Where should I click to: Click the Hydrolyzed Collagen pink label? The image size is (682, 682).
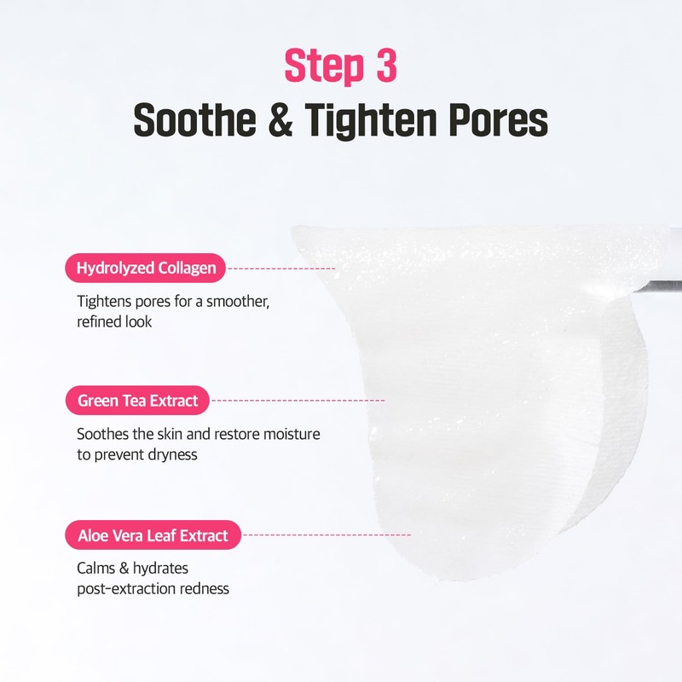coord(146,269)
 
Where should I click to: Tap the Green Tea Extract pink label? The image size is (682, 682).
coord(137,400)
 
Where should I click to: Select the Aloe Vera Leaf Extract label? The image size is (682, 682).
coord(153,536)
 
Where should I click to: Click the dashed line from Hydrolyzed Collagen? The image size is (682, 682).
coord(281,269)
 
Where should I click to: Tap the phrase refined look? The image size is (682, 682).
coord(114,322)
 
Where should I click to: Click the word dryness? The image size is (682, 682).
coord(170,454)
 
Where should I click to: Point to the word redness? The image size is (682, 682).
coord(203,588)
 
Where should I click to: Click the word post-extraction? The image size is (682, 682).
coord(124,588)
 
